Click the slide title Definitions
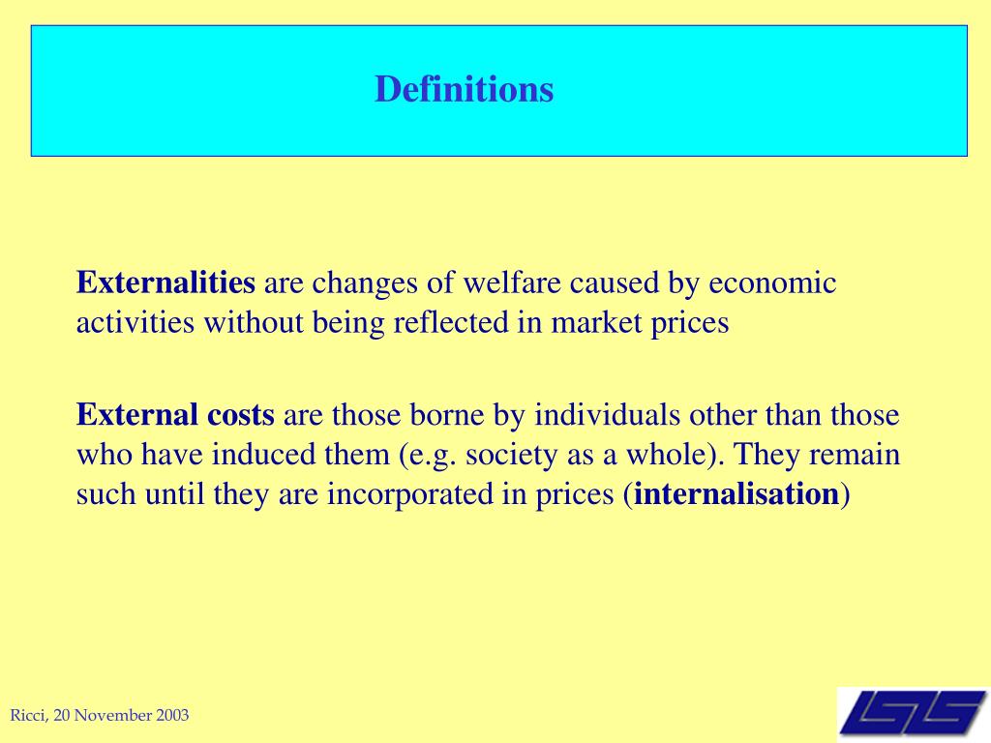[464, 90]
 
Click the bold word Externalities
[165, 283]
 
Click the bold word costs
[240, 416]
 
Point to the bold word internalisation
[737, 495]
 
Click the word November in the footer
[114, 716]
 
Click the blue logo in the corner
[913, 714]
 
